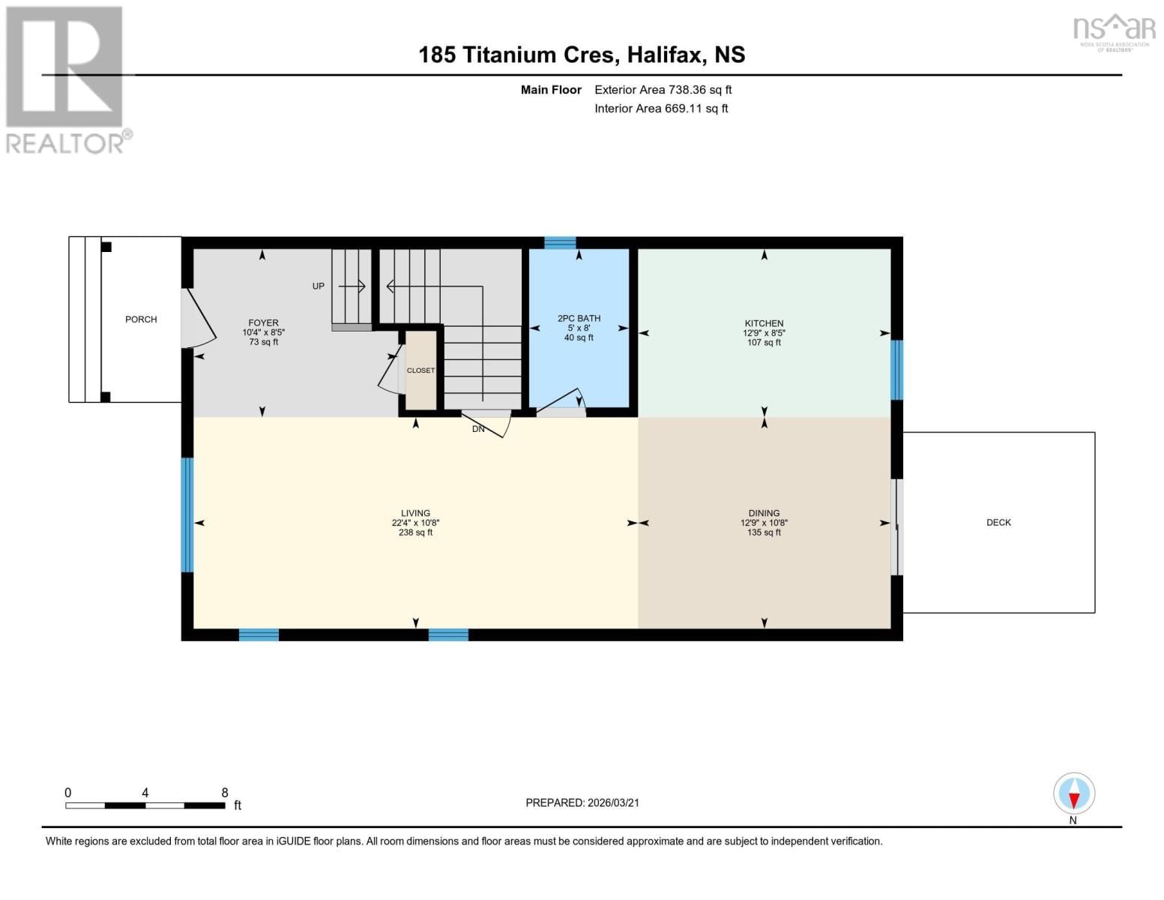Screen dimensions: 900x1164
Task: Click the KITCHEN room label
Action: (764, 323)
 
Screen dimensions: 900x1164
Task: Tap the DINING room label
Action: (764, 513)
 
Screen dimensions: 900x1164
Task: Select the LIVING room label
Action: (415, 513)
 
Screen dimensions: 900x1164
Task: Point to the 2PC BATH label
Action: (579, 319)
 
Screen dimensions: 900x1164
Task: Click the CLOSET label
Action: (420, 370)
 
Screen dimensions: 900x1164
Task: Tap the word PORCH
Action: (141, 319)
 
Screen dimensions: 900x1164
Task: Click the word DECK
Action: (998, 523)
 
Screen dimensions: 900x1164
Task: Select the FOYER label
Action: (263, 323)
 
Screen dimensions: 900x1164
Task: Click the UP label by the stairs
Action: (319, 286)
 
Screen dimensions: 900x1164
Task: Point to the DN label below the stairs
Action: (478, 429)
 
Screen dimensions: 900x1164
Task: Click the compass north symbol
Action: (1074, 793)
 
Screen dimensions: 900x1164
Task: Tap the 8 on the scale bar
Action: (225, 793)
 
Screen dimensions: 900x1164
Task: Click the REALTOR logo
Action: (66, 79)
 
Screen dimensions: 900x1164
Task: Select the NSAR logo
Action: (1114, 31)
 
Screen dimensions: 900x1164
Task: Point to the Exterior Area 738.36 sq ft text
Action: (663, 90)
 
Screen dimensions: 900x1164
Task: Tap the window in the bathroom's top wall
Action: (560, 242)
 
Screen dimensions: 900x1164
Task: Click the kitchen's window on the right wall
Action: (896, 370)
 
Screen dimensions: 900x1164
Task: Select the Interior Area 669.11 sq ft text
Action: (661, 109)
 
